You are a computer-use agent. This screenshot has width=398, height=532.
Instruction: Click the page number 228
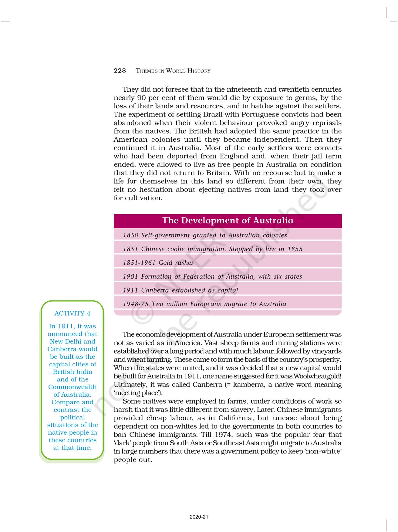click(x=120, y=71)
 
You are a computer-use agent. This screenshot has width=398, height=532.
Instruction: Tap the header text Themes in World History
click(x=173, y=71)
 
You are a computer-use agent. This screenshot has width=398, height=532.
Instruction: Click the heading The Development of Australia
click(x=228, y=221)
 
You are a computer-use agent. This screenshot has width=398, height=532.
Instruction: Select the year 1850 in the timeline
click(x=130, y=235)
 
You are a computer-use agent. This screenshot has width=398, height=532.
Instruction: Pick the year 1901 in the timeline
click(x=130, y=276)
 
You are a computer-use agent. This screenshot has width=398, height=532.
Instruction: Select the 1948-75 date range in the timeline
click(x=136, y=304)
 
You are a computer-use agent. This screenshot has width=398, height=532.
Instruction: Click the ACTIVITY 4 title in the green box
click(x=72, y=313)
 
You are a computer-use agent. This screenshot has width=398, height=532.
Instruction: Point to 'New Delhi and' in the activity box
click(x=73, y=341)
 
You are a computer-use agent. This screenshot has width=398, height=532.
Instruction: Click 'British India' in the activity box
click(x=73, y=372)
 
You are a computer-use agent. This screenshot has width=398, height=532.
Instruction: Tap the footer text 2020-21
click(x=199, y=517)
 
